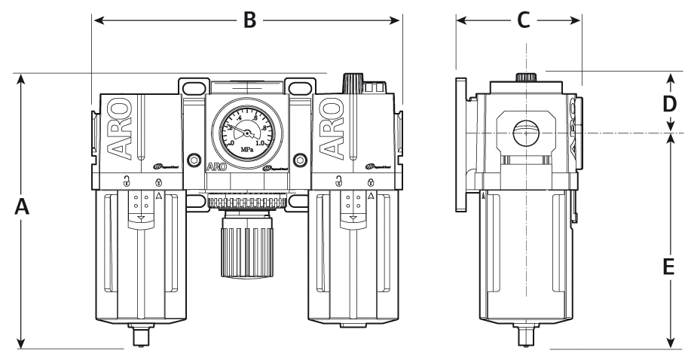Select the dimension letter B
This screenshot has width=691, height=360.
pos(249,20)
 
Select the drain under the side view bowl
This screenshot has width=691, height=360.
pos(524,335)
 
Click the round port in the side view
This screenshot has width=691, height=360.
pos(527,136)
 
